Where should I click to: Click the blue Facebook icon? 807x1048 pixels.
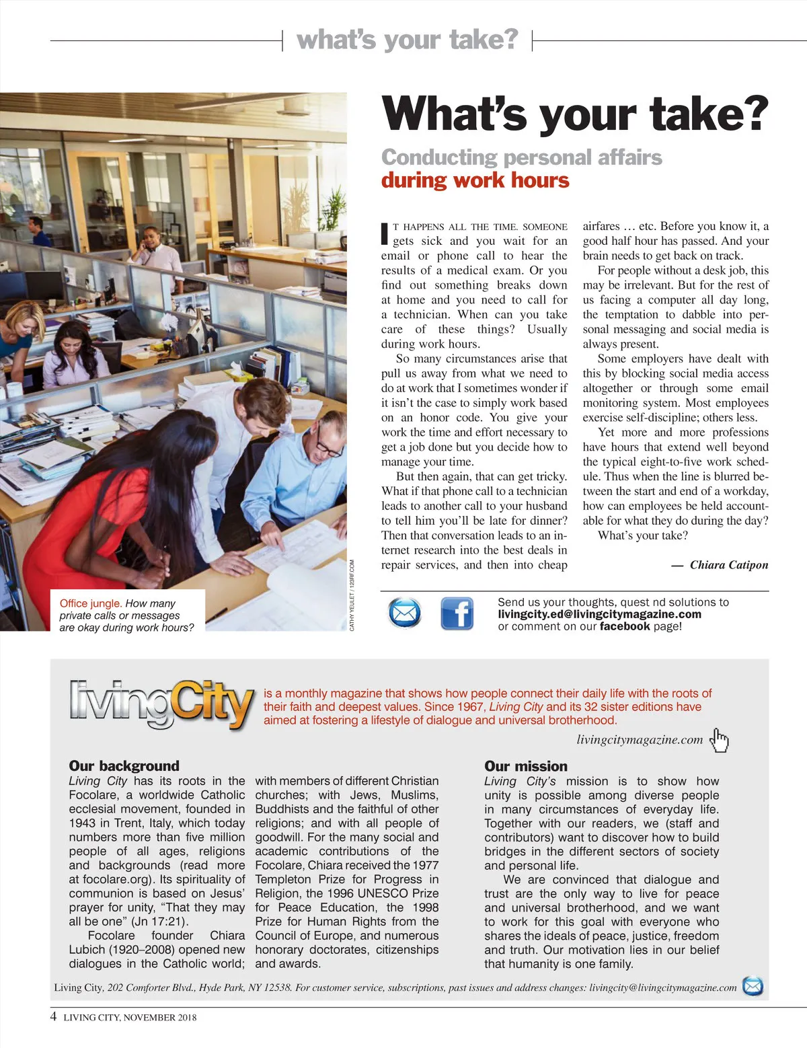457,613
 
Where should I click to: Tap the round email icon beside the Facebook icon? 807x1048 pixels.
405,613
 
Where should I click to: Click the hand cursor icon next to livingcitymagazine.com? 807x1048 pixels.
720,739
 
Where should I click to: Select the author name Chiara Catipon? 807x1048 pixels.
728,565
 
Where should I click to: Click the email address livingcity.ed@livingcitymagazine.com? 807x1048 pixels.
599,614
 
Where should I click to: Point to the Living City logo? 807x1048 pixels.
161,704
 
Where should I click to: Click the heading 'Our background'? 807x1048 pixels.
124,765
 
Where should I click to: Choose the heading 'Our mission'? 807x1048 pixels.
525,766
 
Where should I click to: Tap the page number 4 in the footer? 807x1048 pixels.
54,1016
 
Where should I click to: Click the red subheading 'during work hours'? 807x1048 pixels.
475,180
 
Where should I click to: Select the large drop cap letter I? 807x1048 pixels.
385,233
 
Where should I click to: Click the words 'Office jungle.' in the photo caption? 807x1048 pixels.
90,603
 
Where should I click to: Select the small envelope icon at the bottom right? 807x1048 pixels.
753,987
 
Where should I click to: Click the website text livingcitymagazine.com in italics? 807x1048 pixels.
639,740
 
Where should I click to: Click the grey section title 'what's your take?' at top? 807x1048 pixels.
407,40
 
